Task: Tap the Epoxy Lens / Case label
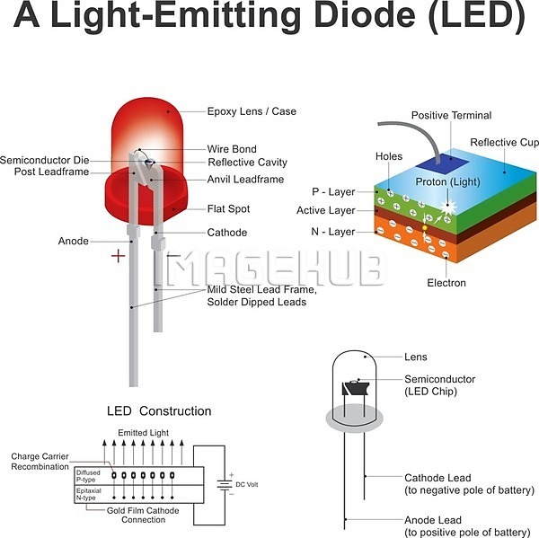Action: pyautogui.click(x=252, y=111)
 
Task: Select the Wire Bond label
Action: pyautogui.click(x=232, y=149)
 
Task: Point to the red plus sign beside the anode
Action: pyautogui.click(x=118, y=256)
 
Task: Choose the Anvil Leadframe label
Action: pyautogui.click(x=245, y=180)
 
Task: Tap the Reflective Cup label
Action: pyautogui.click(x=506, y=143)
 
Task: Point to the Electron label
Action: pyautogui.click(x=446, y=283)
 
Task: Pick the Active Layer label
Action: pyautogui.click(x=326, y=211)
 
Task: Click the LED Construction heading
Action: pyautogui.click(x=159, y=411)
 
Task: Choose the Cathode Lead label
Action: pyautogui.click(x=437, y=478)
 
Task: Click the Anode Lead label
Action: pyautogui.click(x=433, y=520)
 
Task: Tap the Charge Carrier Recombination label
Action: pyautogui.click(x=40, y=462)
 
